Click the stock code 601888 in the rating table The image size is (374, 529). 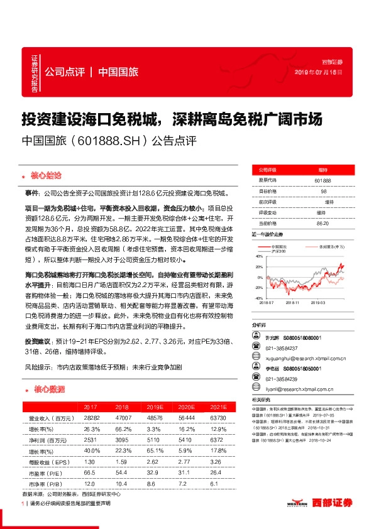click(x=322, y=180)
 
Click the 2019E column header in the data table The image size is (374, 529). click(x=156, y=407)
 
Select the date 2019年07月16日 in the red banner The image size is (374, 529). click(x=321, y=72)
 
